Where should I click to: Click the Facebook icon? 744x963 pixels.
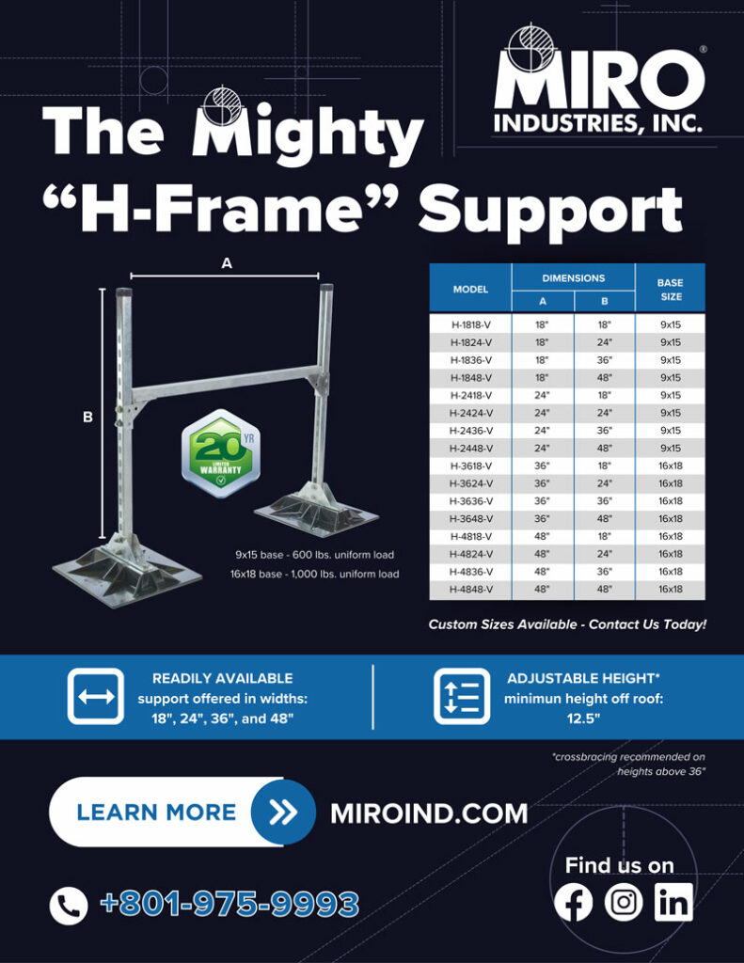click(x=574, y=903)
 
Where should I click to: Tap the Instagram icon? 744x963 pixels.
click(x=623, y=903)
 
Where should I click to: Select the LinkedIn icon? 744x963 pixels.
click(x=673, y=903)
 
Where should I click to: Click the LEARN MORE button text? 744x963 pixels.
click(x=156, y=812)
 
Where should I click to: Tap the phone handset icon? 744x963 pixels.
click(x=68, y=906)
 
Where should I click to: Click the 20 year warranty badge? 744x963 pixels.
click(x=218, y=454)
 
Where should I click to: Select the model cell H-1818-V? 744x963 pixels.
click(x=470, y=325)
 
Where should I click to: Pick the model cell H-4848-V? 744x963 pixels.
click(x=470, y=590)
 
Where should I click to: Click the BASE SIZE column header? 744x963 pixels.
click(x=670, y=290)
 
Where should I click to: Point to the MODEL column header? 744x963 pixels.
click(x=470, y=290)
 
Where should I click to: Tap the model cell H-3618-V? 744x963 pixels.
click(x=470, y=466)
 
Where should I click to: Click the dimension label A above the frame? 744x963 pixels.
click(x=226, y=265)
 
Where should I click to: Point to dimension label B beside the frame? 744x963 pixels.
click(x=87, y=417)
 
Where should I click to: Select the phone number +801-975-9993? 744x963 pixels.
click(x=229, y=905)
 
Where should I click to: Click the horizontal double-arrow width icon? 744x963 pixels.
click(x=96, y=697)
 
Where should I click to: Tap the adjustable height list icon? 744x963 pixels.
click(x=462, y=697)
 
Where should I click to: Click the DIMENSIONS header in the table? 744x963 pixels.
click(x=574, y=278)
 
